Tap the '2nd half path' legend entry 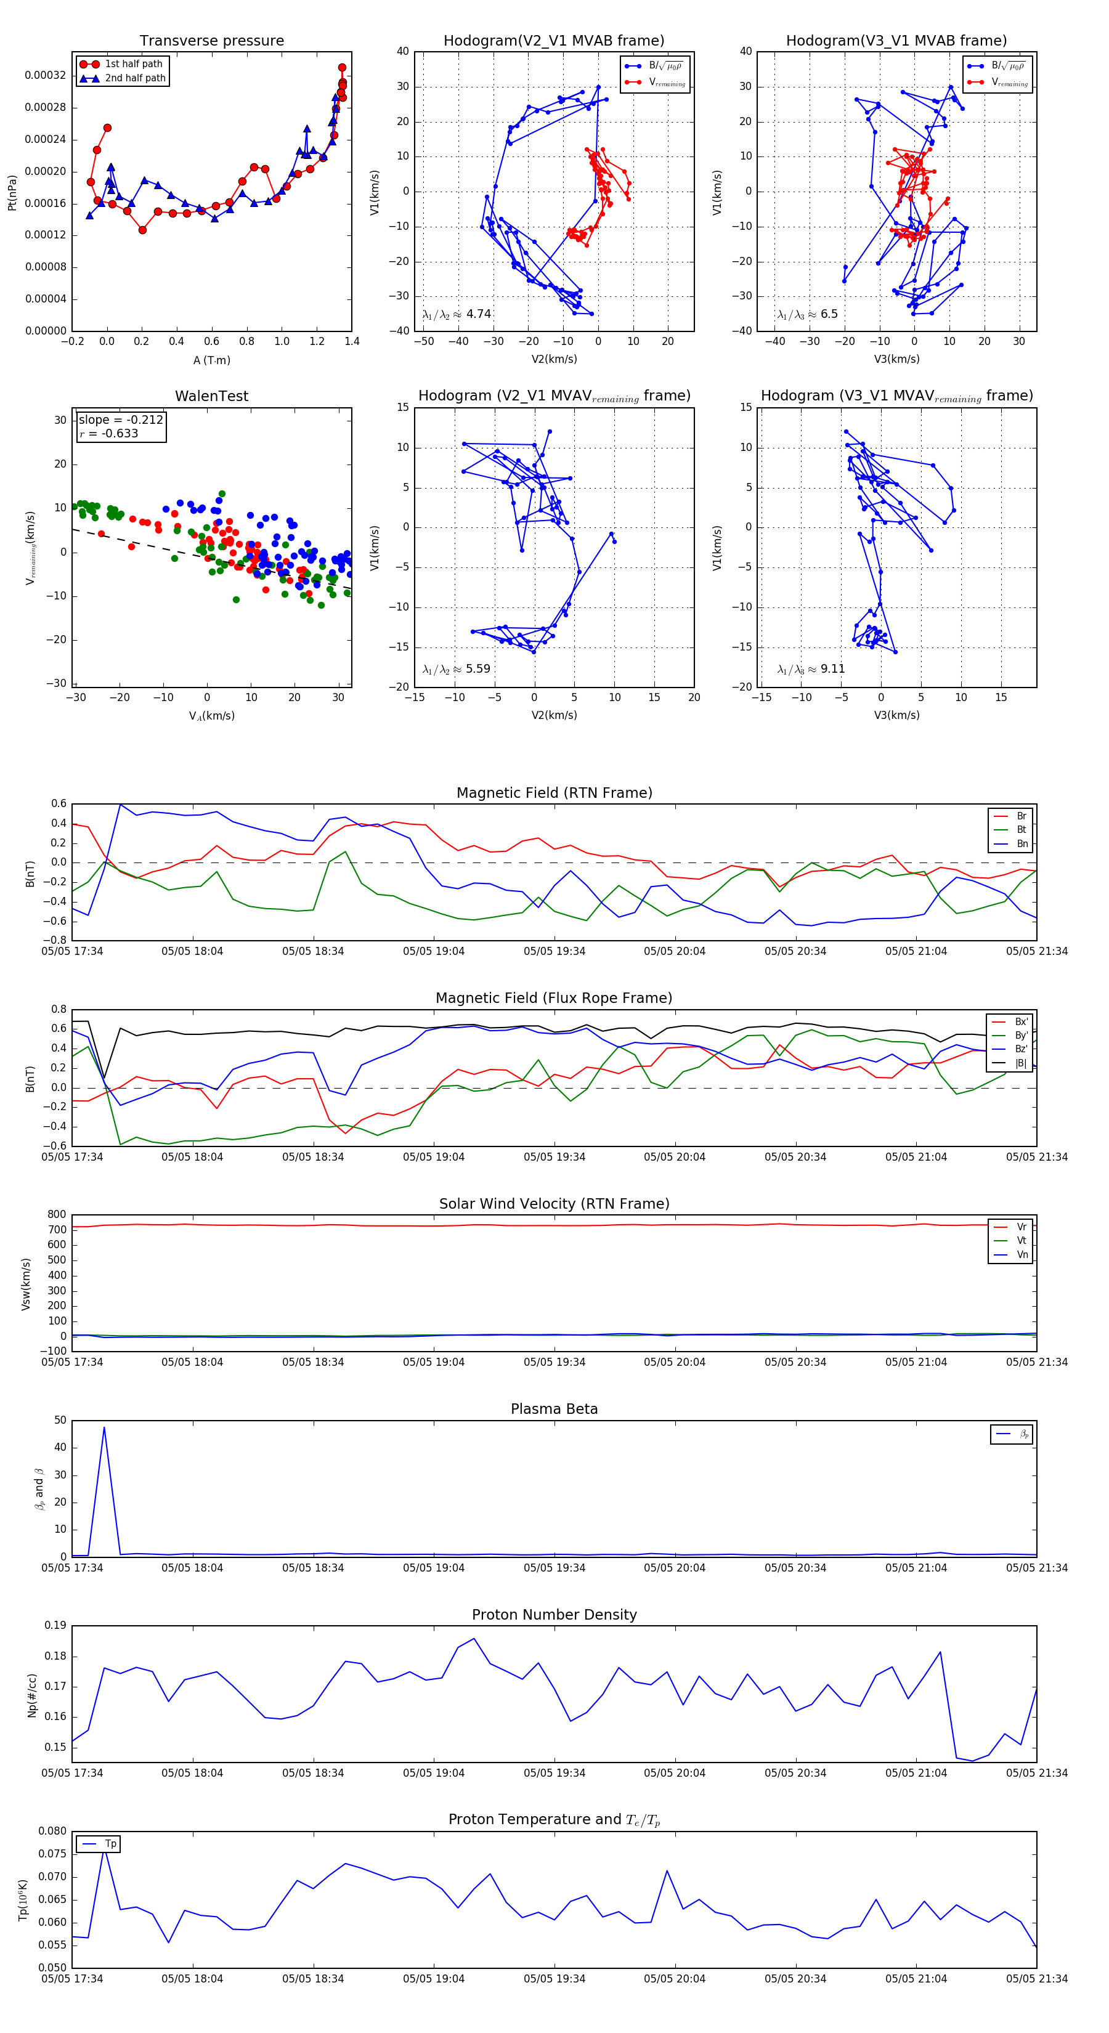tap(135, 78)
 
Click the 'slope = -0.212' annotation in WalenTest tap(121, 420)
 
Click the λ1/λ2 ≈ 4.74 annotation tap(457, 314)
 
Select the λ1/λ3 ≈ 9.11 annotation tap(811, 669)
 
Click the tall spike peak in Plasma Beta tap(104, 1427)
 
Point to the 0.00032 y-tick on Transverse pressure tap(45, 76)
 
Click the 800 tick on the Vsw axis tap(57, 1215)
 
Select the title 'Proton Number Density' tap(554, 1615)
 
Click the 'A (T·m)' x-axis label tap(211, 360)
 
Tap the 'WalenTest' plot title tap(211, 396)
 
